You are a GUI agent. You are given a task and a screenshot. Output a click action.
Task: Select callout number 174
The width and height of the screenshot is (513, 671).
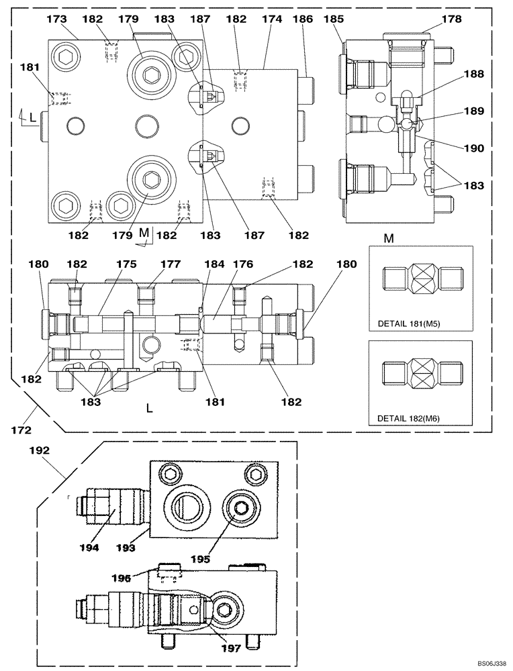click(271, 20)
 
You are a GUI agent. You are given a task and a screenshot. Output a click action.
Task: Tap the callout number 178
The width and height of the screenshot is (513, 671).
click(452, 20)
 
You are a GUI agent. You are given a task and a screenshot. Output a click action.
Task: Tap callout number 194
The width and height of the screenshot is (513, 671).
click(90, 548)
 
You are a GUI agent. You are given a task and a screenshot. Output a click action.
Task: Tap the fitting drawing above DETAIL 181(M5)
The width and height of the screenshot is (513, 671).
click(423, 277)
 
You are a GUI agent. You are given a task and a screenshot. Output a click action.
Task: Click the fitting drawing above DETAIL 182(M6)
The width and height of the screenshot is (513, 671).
click(423, 371)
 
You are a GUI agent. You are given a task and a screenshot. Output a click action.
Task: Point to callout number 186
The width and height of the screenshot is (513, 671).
click(303, 20)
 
